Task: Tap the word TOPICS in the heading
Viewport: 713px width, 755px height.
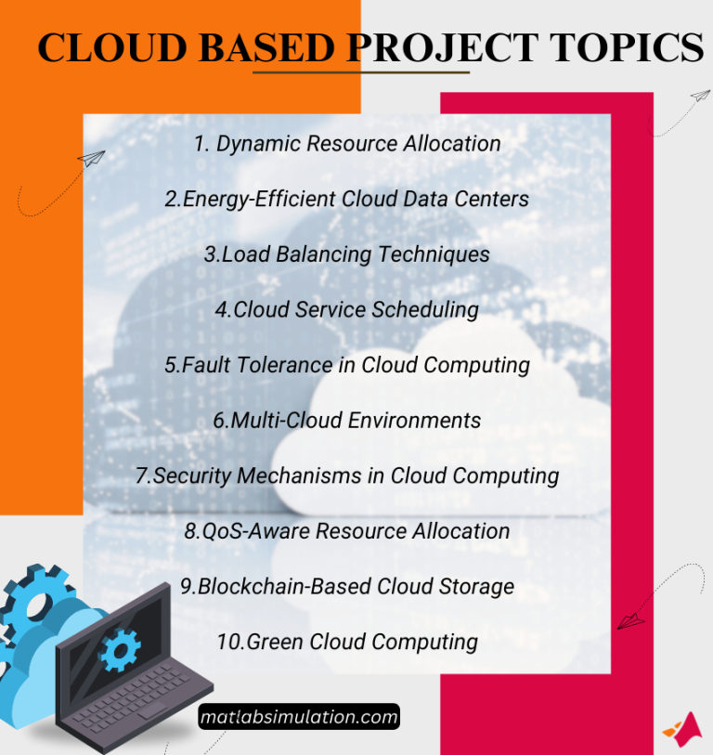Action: click(x=632, y=47)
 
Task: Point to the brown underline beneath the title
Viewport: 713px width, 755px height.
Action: click(x=361, y=72)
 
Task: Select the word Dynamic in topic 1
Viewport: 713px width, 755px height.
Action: click(x=259, y=144)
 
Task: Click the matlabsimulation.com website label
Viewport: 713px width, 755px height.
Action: click(x=299, y=717)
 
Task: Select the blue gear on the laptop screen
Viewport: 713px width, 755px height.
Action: click(x=118, y=649)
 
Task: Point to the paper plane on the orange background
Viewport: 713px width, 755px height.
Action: click(x=92, y=160)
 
